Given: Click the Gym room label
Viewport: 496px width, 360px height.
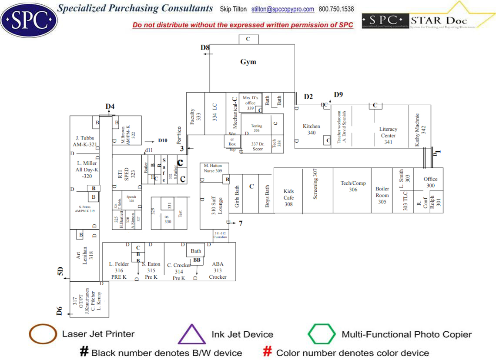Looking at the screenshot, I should (248, 62).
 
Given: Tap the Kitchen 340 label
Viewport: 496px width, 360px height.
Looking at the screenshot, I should (312, 130).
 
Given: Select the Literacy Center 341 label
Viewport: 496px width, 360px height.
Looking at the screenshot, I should (388, 135).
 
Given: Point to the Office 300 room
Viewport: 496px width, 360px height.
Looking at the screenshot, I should (430, 182).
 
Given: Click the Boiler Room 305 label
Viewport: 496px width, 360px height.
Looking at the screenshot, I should (382, 195).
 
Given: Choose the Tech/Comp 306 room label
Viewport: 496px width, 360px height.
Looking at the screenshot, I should (353, 187).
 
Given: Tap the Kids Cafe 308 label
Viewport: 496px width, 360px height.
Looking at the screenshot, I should (288, 197).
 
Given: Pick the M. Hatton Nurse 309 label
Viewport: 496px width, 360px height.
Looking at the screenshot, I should (213, 168).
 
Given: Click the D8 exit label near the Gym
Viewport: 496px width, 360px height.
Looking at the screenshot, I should (205, 47).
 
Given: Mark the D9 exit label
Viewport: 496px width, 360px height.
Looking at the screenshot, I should (338, 94).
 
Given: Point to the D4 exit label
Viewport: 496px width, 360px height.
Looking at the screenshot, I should (110, 107).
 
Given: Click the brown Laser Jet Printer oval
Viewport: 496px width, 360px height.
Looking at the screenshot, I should (43, 334).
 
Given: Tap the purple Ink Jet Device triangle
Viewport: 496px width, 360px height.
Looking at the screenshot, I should (191, 334).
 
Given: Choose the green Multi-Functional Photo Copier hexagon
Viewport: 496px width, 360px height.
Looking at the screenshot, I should (322, 334).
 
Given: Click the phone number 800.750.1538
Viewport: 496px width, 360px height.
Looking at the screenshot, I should (336, 9).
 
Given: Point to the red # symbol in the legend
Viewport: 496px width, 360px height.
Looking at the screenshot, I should (268, 352).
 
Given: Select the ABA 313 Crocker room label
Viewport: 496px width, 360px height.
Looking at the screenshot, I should (218, 270).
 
